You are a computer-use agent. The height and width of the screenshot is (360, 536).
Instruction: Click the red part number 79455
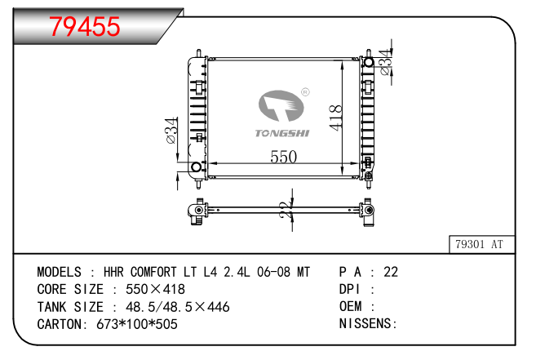85,26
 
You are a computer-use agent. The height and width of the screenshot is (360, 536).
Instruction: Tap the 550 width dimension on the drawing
283,157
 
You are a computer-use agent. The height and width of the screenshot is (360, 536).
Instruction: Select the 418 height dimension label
335,118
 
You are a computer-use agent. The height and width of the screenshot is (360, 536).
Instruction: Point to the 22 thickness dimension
286,210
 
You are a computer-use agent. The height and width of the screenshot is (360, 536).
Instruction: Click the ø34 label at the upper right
385,62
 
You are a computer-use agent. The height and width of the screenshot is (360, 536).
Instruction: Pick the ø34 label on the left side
171,131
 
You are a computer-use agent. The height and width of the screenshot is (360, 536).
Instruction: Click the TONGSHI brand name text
282,133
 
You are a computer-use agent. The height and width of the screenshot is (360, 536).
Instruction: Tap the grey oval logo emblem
281,106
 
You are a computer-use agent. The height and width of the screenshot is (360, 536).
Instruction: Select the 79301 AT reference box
481,244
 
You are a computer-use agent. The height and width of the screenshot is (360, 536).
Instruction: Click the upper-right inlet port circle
369,62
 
